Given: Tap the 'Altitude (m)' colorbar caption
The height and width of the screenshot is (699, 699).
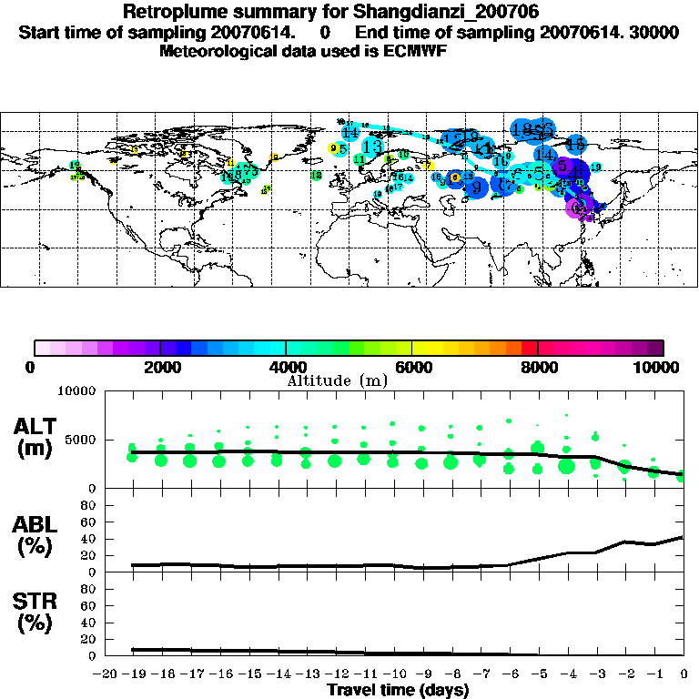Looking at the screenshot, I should coord(337,381).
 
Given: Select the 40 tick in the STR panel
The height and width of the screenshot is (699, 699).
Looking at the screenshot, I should coord(89,622).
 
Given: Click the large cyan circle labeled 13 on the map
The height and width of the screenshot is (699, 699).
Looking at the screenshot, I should coord(371,146).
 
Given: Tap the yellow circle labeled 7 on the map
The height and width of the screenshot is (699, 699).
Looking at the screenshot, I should coord(429,166).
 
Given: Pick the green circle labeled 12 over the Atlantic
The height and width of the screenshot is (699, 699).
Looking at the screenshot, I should coord(316,176).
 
